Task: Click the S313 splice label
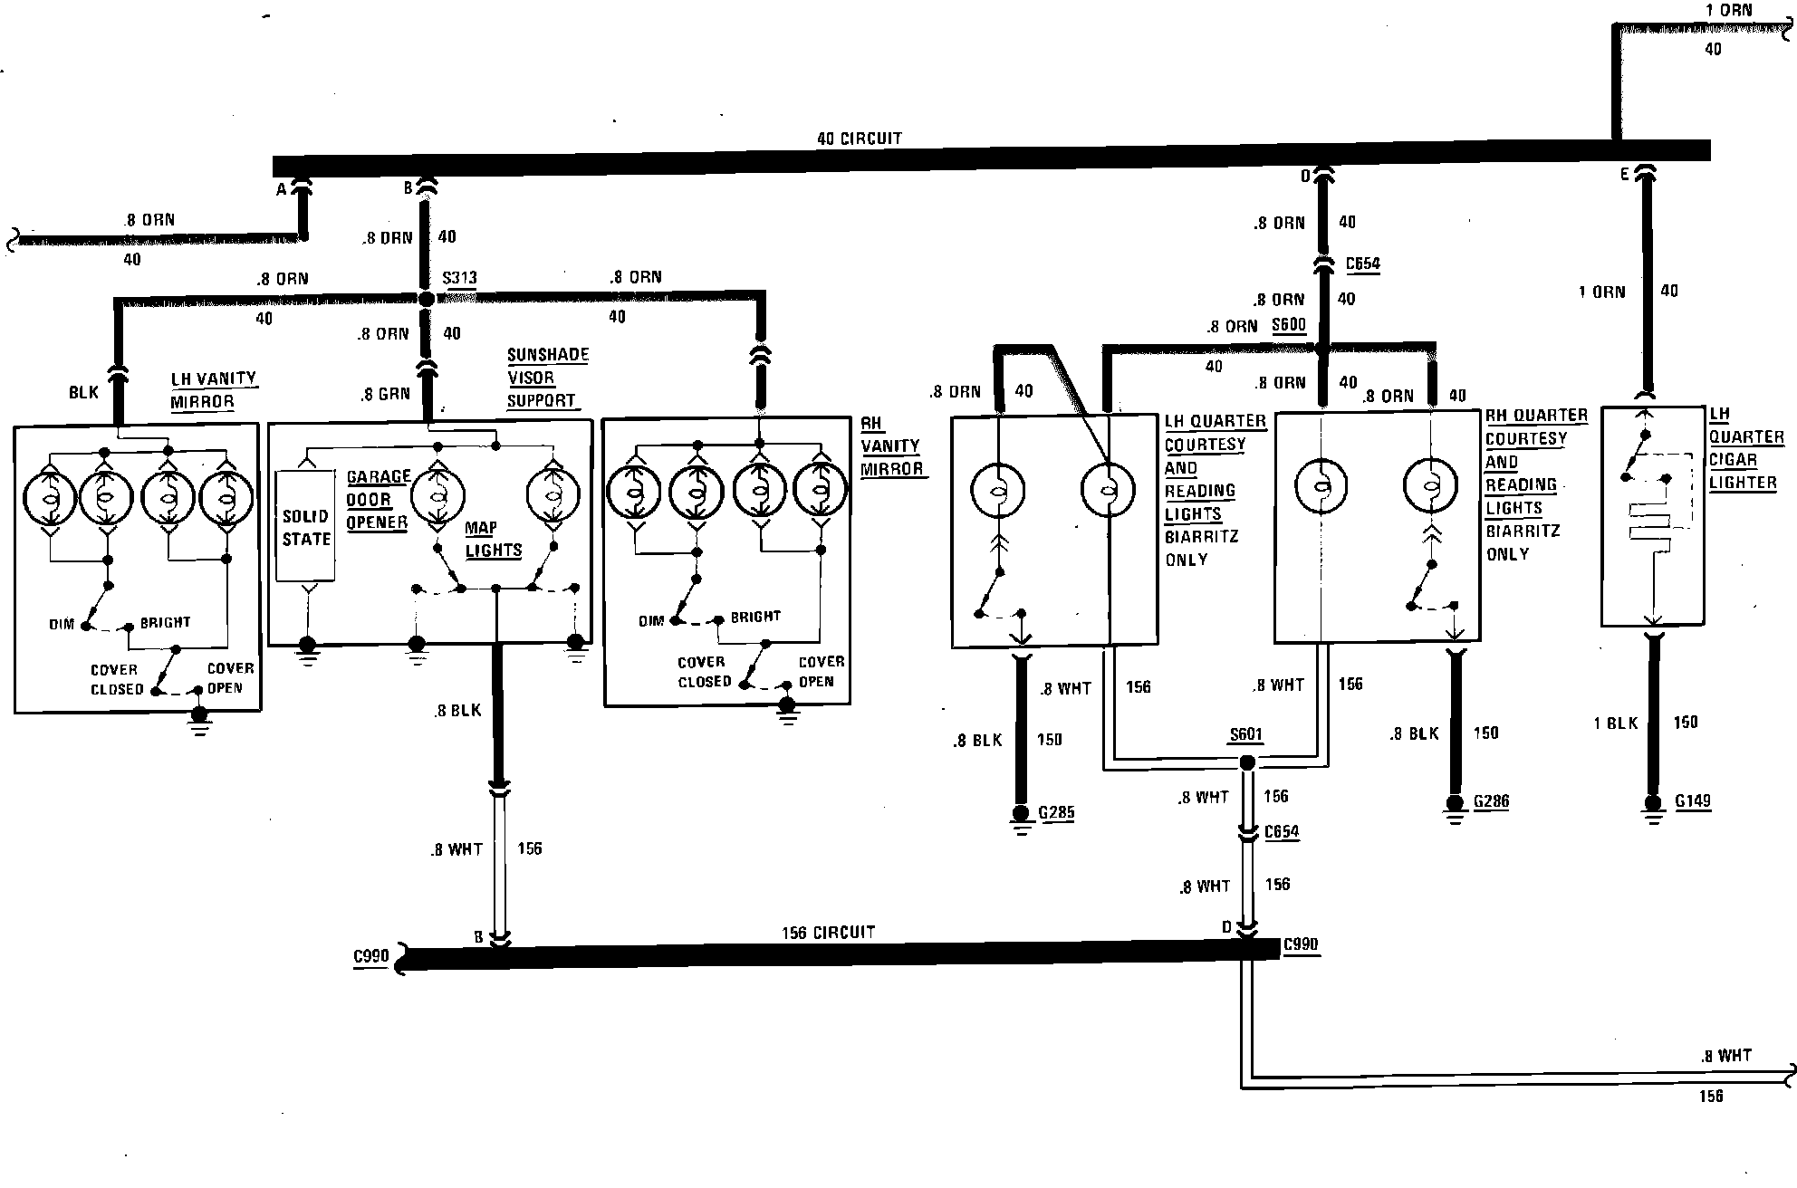pyautogui.click(x=459, y=278)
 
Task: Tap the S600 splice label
pyautogui.click(x=1289, y=325)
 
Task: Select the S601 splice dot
pyautogui.click(x=1247, y=763)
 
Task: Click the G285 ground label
pyautogui.click(x=1056, y=812)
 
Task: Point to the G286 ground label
pyautogui.click(x=1491, y=801)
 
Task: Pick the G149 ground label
pyautogui.click(x=1693, y=801)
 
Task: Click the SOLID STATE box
pyautogui.click(x=306, y=528)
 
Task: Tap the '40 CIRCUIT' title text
pyautogui.click(x=859, y=139)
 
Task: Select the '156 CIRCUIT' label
pyautogui.click(x=828, y=932)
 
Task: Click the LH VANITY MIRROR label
pyautogui.click(x=213, y=390)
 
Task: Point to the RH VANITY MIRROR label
pyautogui.click(x=890, y=446)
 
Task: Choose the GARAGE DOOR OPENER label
pyautogui.click(x=378, y=500)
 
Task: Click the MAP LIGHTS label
pyautogui.click(x=493, y=539)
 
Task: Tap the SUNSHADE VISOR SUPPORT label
pyautogui.click(x=547, y=378)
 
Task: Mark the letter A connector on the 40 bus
pyautogui.click(x=282, y=189)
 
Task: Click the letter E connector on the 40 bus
pyautogui.click(x=1626, y=175)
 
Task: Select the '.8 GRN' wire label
pyautogui.click(x=385, y=394)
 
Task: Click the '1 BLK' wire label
pyautogui.click(x=1616, y=723)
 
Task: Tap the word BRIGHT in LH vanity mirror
pyautogui.click(x=165, y=623)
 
